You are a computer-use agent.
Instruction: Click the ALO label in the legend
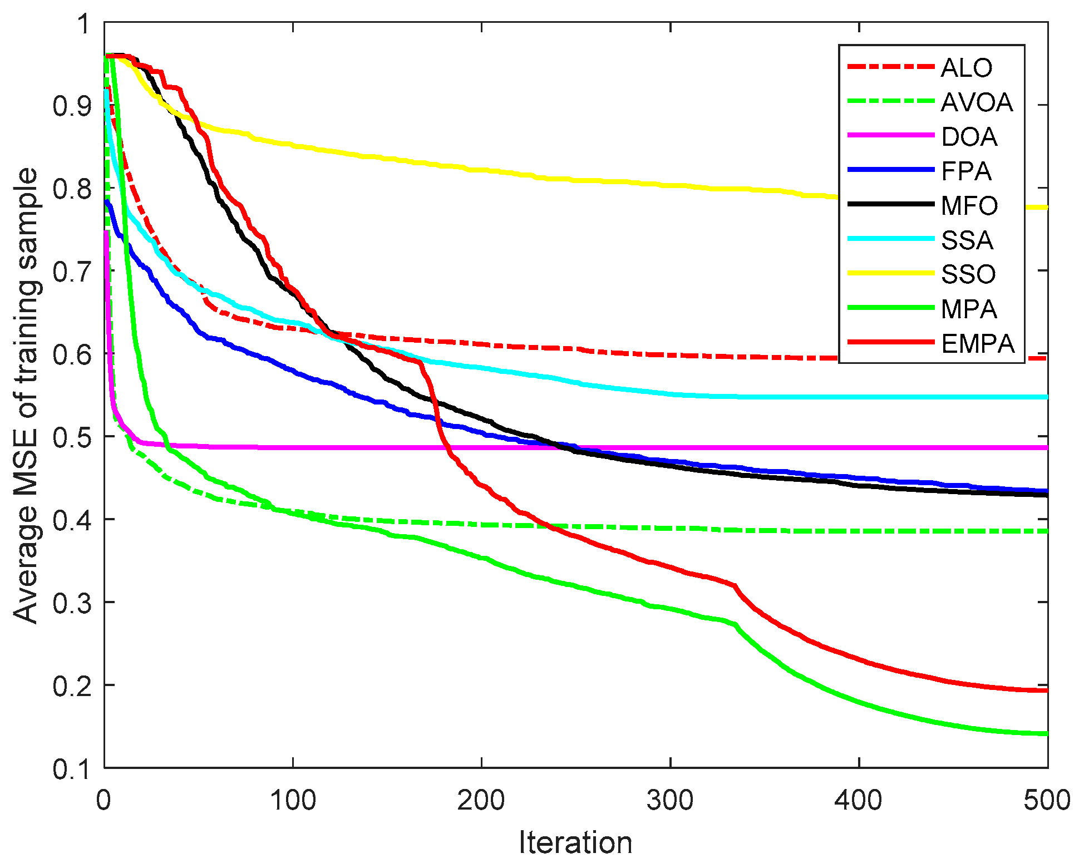pos(966,68)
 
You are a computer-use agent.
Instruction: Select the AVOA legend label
pos(977,102)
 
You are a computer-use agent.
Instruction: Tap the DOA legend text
pos(969,137)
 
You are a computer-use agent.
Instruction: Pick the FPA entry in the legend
pos(966,171)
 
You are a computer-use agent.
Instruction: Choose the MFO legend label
pos(969,206)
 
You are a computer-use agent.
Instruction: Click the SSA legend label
pos(967,240)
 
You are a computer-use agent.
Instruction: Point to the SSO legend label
pos(968,274)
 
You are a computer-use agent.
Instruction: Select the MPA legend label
pos(969,309)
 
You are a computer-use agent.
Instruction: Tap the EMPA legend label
pos(978,344)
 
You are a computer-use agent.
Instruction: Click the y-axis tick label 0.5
pos(71,437)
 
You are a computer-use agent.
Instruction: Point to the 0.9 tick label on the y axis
pos(71,106)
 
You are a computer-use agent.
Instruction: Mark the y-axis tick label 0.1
pos(71,769)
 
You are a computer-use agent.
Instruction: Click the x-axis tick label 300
pos(670,800)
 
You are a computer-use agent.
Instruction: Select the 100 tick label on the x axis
pos(293,800)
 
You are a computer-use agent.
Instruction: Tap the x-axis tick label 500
pos(1047,800)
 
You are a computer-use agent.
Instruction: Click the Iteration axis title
pos(575,842)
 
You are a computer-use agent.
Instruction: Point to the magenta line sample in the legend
pos(890,135)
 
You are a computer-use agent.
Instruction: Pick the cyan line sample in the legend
pos(890,239)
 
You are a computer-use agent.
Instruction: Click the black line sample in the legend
pos(890,204)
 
